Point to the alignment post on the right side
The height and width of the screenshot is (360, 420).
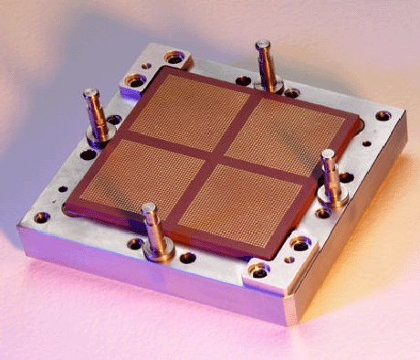tap(329, 174)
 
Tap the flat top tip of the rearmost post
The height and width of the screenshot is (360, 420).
tap(263, 44)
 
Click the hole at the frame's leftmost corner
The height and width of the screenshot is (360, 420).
tap(42, 217)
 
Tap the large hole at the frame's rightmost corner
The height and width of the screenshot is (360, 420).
tap(383, 116)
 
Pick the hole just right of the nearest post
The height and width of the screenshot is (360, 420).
tap(186, 258)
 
